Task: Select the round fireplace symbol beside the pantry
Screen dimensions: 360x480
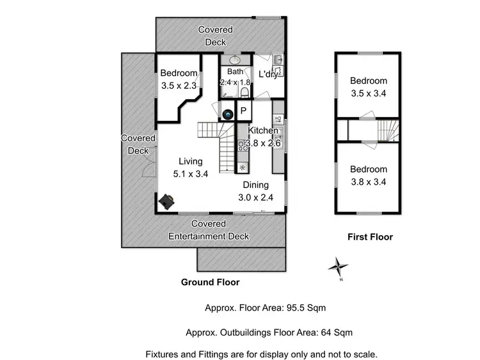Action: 228,114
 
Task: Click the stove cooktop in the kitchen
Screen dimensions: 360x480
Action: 243,146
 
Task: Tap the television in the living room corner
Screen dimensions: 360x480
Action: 168,201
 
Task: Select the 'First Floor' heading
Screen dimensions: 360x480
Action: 370,237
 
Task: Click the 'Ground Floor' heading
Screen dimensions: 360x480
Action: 211,281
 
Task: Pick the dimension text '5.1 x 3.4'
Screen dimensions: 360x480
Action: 191,173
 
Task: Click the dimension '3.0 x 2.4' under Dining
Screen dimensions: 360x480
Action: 256,198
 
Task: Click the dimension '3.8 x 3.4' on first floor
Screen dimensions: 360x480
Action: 368,181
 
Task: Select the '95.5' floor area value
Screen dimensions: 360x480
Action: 294,308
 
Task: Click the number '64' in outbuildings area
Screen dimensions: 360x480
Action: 323,333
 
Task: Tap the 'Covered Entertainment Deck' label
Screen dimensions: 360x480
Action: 209,230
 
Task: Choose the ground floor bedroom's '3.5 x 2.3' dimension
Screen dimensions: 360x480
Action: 178,84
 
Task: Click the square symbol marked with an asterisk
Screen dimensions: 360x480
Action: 243,168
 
